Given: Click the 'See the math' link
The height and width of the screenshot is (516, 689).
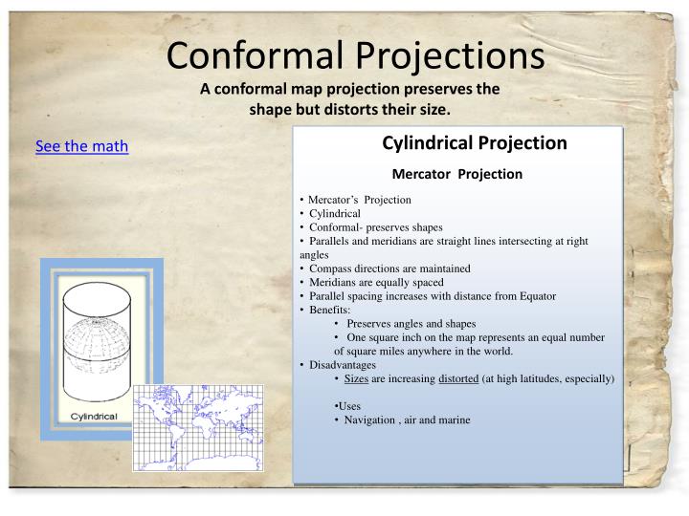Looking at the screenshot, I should click(81, 146).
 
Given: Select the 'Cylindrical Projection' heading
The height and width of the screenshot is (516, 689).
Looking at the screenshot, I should click(475, 143).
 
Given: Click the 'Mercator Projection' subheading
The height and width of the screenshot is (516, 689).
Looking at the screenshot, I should click(457, 174).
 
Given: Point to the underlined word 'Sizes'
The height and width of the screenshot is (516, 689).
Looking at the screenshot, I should click(356, 379).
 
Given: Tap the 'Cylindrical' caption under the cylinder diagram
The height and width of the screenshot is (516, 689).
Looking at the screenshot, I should click(94, 417).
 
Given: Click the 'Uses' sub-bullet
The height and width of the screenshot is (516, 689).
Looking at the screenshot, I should click(348, 406).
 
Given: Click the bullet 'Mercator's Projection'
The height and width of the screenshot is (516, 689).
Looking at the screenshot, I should click(360, 200).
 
